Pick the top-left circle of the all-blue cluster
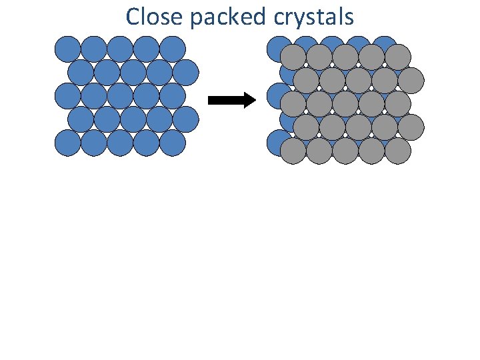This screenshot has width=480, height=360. coord(67,49)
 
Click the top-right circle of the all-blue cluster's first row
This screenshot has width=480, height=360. coord(173,49)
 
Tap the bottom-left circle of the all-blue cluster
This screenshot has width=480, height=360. coord(67,143)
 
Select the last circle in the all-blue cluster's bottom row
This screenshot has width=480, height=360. coord(173,143)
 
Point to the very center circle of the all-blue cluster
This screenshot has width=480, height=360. coord(120,96)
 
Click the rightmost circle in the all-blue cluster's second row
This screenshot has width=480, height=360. coord(186,73)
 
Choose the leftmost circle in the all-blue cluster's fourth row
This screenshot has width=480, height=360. coord(81,119)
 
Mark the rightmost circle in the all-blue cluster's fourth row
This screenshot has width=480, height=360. coord(186,119)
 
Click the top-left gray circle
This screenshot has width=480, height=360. coord(293,57)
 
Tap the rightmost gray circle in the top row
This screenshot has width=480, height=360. coord(398,57)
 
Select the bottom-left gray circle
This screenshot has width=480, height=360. coord(293,151)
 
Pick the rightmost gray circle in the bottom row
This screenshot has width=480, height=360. coord(398,151)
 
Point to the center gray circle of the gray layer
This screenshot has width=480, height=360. coord(345,104)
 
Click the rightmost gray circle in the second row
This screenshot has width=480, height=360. coord(411,81)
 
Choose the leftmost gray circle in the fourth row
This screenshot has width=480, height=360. coord(306,127)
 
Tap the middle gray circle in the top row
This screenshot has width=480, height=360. coord(345,57)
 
